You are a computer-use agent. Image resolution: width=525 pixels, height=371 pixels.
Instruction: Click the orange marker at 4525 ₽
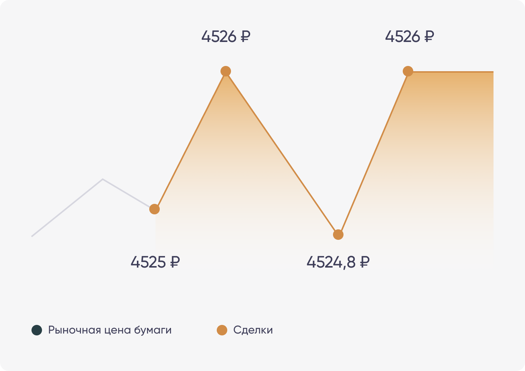coord(154,209)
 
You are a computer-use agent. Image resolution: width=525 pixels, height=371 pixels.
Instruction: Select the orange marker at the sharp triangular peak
coord(226,71)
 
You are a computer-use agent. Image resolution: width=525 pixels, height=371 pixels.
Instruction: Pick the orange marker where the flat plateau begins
coord(408,71)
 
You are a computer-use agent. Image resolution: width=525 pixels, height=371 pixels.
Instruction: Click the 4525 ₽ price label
coord(155,262)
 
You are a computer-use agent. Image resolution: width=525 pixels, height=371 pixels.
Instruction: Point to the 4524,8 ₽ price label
coord(338,262)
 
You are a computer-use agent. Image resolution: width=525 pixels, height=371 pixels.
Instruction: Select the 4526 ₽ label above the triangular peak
coord(226,37)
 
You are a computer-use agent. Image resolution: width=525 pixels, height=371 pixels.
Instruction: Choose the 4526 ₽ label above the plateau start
coord(409,37)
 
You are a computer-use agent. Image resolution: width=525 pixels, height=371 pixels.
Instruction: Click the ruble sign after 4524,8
coord(364,262)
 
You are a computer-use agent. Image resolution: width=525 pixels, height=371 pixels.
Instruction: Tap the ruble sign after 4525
coord(175,262)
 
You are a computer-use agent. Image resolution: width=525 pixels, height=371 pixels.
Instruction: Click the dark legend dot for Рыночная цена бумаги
coord(37,330)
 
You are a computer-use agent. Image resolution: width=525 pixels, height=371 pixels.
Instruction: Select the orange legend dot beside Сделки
coord(222,330)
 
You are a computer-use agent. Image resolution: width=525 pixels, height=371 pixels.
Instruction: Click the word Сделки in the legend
coord(253,330)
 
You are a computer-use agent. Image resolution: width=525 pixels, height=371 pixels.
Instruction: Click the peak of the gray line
coord(103,180)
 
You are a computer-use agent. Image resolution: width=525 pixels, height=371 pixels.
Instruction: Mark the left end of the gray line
coord(32,236)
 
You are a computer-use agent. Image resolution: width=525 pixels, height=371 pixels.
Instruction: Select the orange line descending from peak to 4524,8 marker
coord(282,153)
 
